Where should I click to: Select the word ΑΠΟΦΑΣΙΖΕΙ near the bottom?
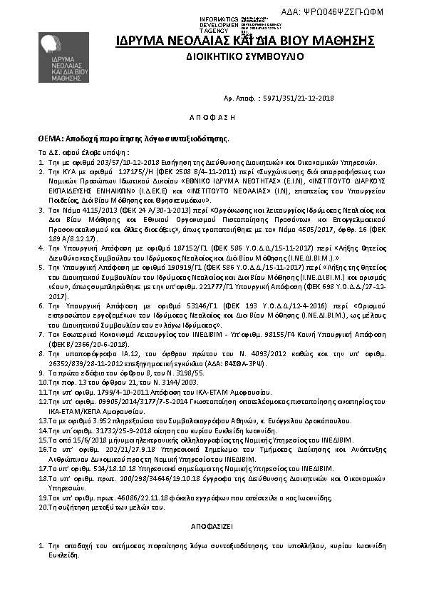pyautogui.click(x=212, y=523)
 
